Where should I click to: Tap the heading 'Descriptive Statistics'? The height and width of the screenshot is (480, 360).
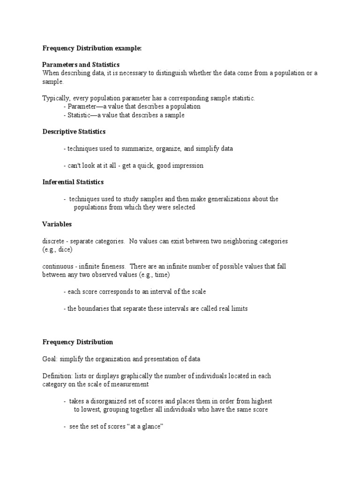point(74,132)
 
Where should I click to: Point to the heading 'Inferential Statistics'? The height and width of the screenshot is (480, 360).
point(73,182)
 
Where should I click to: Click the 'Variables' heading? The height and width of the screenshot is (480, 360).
point(57,224)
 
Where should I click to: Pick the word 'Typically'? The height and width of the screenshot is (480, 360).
point(55,98)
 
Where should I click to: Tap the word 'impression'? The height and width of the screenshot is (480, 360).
point(187,165)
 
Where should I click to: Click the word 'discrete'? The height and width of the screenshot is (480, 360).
point(53,241)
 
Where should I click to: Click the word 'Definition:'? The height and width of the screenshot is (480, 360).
point(57,376)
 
